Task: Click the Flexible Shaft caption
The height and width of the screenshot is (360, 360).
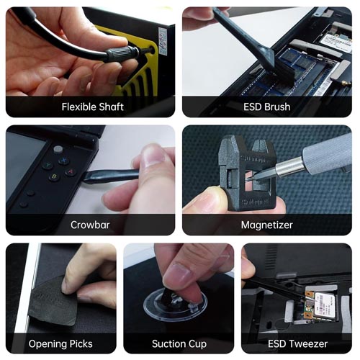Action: pos(93,107)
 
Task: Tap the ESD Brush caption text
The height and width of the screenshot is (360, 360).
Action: pos(267,107)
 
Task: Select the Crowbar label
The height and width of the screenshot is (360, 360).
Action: pos(90,225)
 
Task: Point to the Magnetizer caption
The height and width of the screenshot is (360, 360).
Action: pos(267,225)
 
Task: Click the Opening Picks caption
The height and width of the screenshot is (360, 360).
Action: pos(60,344)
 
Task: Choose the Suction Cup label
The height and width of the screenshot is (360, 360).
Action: pos(179,344)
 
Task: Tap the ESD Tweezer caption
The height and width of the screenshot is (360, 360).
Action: pos(297,343)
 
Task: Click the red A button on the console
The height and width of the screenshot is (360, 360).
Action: pos(71,172)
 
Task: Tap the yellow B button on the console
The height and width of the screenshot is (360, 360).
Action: pos(55,177)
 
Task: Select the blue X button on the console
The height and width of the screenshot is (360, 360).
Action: pos(63,160)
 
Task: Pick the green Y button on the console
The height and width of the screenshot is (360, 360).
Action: pos(48,165)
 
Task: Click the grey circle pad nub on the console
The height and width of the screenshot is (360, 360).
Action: pos(58,149)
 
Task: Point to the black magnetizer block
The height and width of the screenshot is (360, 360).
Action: pos(247,173)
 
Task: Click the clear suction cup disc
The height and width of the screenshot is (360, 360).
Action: pos(175,305)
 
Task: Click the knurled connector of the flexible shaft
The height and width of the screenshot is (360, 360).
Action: pos(122,53)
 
